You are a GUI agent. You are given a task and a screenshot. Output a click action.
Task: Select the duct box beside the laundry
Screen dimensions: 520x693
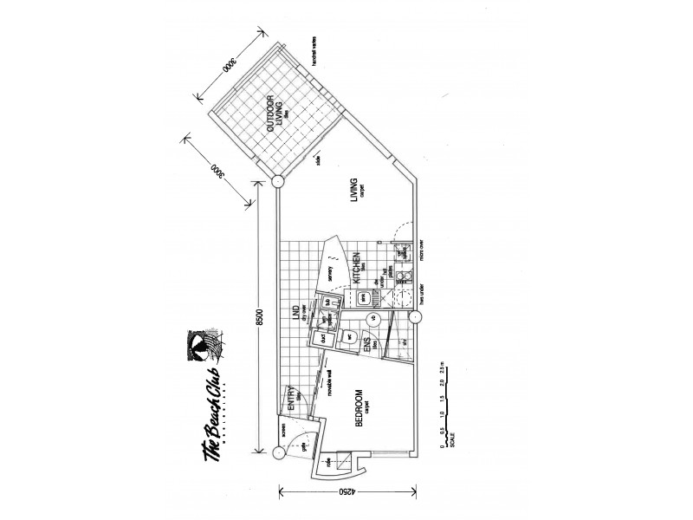point(322,340)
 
